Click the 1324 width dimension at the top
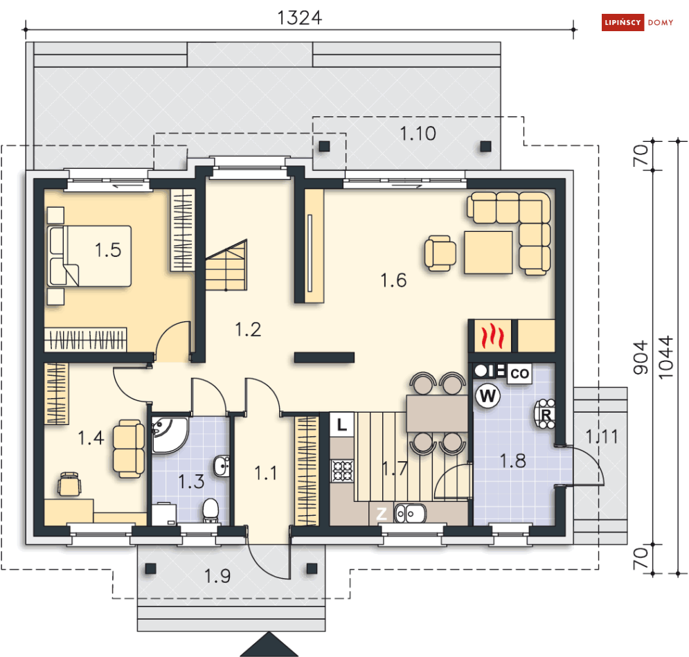coord(299,17)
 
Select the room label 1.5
coord(108,250)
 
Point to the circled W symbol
coord(488,397)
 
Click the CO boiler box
coord(519,374)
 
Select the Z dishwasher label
coord(381,514)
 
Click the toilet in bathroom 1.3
coord(211,511)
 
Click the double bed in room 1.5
coord(89,255)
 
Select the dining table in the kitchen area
coord(437,413)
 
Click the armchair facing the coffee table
coord(440,253)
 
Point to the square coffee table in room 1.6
coord(488,252)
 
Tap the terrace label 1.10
coord(418,134)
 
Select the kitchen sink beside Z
coord(410,514)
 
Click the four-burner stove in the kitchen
coord(343,471)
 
